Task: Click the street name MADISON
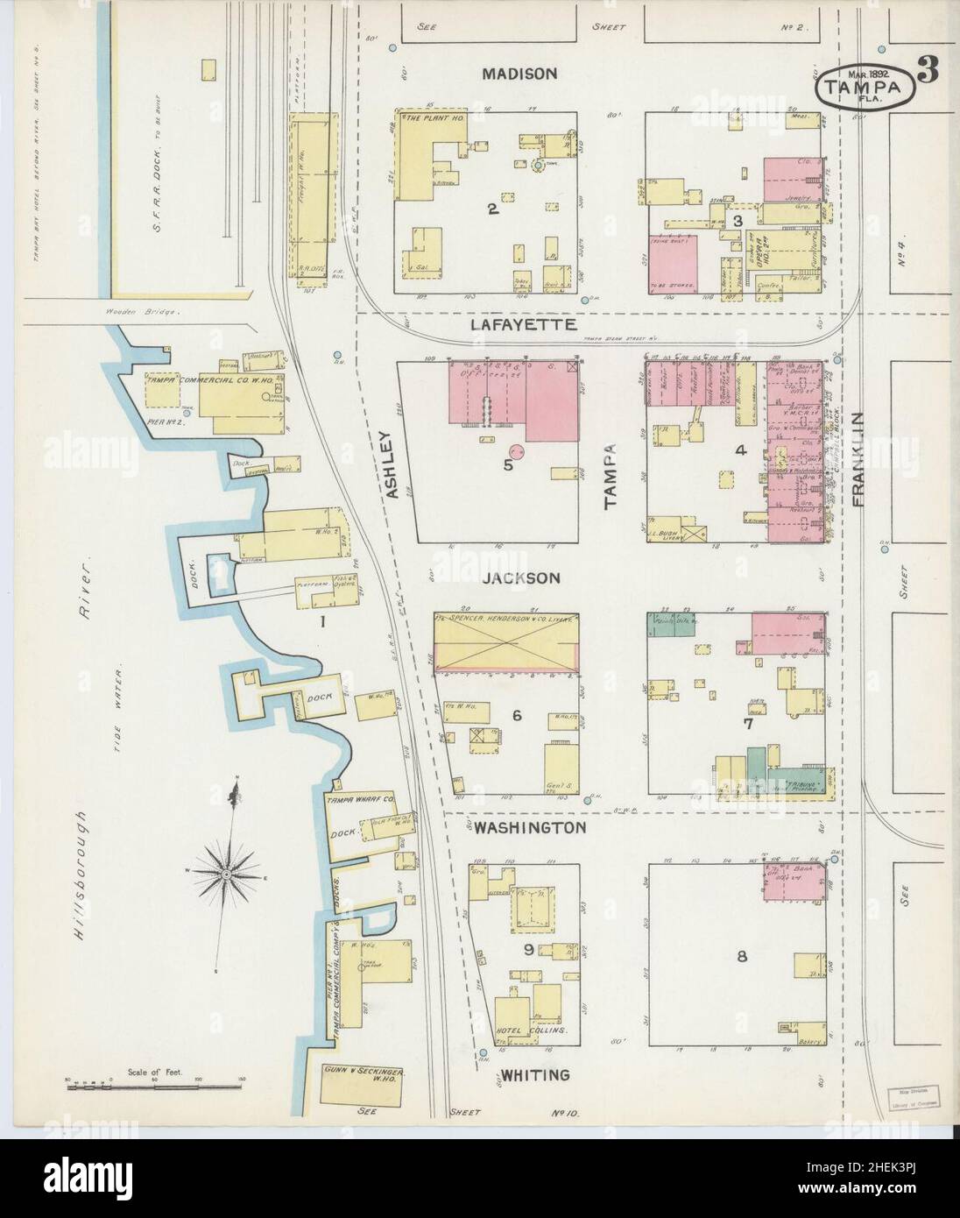click(519, 74)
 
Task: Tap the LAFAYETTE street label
click(521, 324)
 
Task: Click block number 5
click(508, 464)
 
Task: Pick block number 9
click(517, 949)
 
